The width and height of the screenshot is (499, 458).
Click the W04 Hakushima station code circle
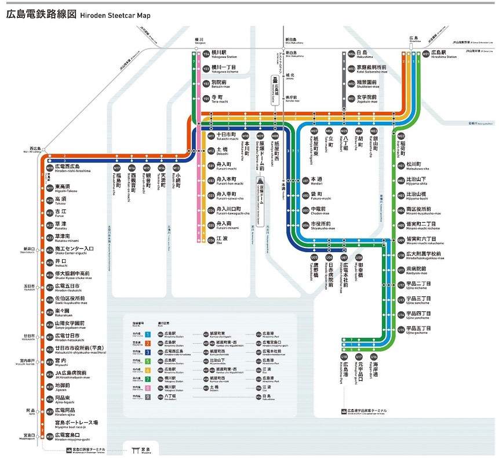[351, 54]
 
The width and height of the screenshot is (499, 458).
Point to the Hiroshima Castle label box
[276, 85]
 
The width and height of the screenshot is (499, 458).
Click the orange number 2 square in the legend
[148, 343]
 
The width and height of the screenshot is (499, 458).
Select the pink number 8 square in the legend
[148, 387]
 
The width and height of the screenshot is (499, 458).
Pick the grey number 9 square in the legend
[148, 397]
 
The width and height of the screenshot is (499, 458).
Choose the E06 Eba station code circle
[211, 239]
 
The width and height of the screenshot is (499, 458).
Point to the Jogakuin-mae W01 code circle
[351, 99]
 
